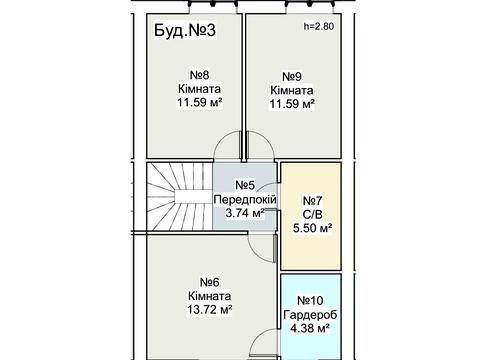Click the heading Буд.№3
click(185, 30)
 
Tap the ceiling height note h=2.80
click(319, 26)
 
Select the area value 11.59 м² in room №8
click(199, 102)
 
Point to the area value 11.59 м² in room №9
click(292, 104)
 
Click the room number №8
click(199, 75)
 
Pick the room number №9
click(292, 76)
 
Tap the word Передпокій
click(245, 199)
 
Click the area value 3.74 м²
click(245, 213)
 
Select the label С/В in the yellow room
click(312, 214)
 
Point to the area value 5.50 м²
click(312, 228)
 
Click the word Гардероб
click(310, 314)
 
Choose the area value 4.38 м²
click(310, 328)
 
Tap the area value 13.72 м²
click(210, 310)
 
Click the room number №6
click(210, 282)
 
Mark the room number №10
click(310, 300)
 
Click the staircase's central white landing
click(187, 196)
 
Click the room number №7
click(312, 201)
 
